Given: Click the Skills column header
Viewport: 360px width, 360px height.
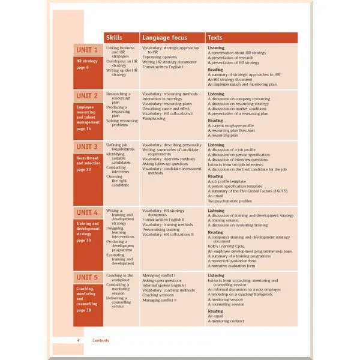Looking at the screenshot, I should tap(114, 38).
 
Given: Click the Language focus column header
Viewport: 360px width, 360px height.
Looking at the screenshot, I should tap(164, 38).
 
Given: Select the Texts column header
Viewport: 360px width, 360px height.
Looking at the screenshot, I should tap(215, 38).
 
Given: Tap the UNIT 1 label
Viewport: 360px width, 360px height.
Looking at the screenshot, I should tap(87, 50).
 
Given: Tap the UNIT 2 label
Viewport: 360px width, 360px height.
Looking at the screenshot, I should tap(87, 96).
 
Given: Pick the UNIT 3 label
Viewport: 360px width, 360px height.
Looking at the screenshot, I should tap(87, 147).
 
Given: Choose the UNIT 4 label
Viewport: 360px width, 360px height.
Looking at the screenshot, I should tap(87, 212).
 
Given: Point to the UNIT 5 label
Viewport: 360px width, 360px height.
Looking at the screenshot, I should tap(87, 277).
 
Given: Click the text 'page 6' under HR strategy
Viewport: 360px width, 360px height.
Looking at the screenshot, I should tap(83, 68).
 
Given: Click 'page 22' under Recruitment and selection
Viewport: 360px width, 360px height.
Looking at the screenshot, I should tap(84, 170).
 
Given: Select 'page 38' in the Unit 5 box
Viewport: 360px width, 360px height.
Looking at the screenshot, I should tap(84, 310).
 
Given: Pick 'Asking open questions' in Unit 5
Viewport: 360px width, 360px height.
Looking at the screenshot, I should tap(163, 280).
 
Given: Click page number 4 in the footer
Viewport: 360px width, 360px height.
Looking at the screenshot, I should tap(79, 340).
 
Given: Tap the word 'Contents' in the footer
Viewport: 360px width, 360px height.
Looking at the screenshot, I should tap(101, 340).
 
